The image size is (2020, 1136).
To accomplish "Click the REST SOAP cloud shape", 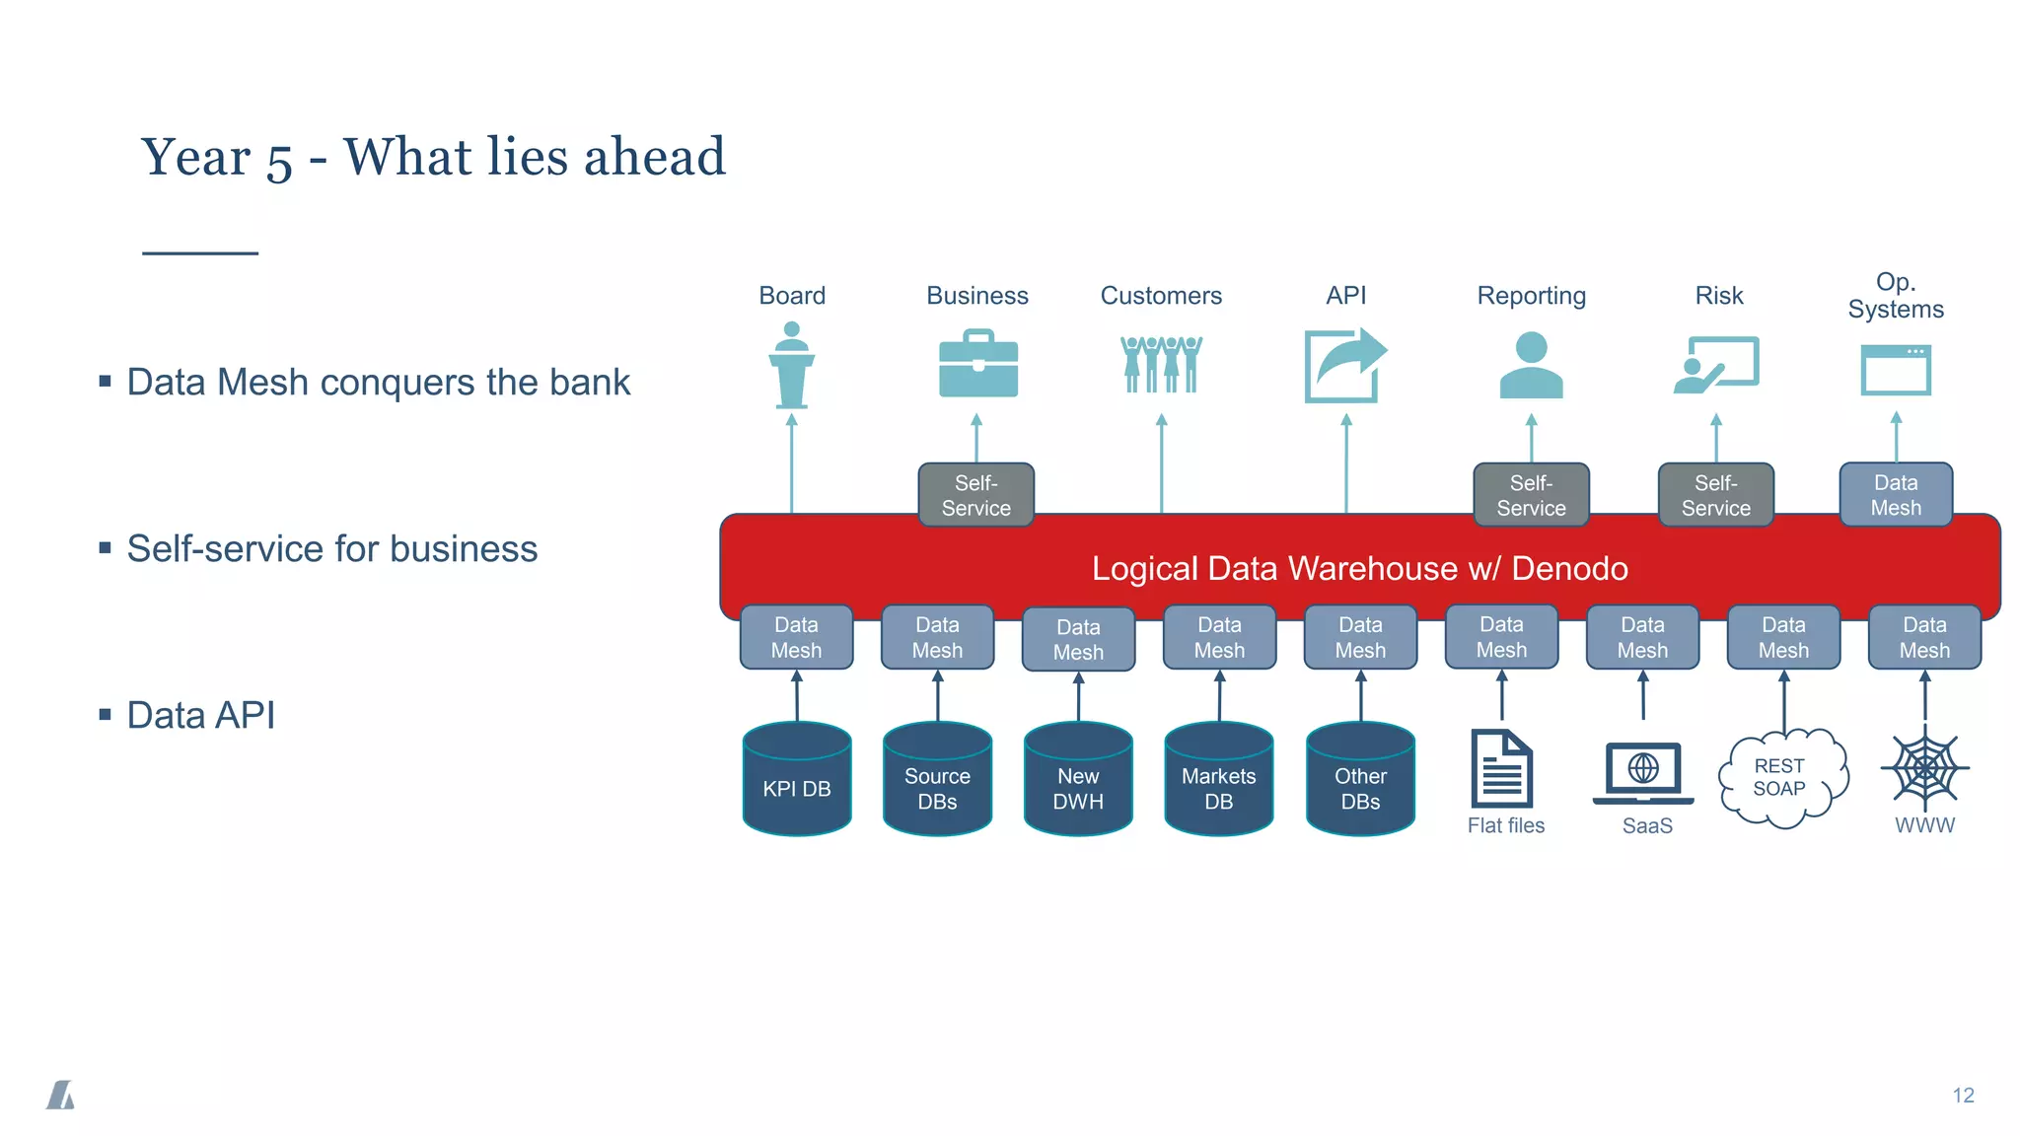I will pyautogui.click(x=1781, y=778).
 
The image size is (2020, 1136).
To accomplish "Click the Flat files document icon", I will pyautogui.click(x=1501, y=768).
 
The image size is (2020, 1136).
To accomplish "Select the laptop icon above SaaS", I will pyautogui.click(x=1642, y=772).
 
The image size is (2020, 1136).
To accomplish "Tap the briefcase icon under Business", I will pyautogui.click(x=977, y=365).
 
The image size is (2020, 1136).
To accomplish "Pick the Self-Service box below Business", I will pyautogui.click(x=975, y=495).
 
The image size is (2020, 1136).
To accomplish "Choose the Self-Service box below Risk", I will pyautogui.click(x=1715, y=495).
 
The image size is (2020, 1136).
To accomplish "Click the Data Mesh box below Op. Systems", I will pyautogui.click(x=1895, y=494).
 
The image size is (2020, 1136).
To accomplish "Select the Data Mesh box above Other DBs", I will pyautogui.click(x=1360, y=637).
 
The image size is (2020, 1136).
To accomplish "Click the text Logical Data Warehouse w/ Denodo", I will pyautogui.click(x=1359, y=569).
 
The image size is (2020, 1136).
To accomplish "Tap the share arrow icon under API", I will pyautogui.click(x=1344, y=366).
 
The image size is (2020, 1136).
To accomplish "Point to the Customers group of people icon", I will pyautogui.click(x=1161, y=364).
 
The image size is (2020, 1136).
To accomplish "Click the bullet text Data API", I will pyautogui.click(x=200, y=715).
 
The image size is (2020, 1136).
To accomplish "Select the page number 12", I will pyautogui.click(x=1963, y=1096).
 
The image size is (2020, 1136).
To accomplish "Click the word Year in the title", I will pyautogui.click(x=195, y=158).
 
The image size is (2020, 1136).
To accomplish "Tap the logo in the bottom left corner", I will pyautogui.click(x=60, y=1095).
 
